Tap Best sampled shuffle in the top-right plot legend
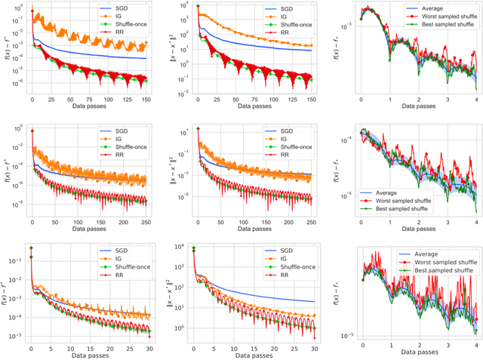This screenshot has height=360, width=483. (437, 24)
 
